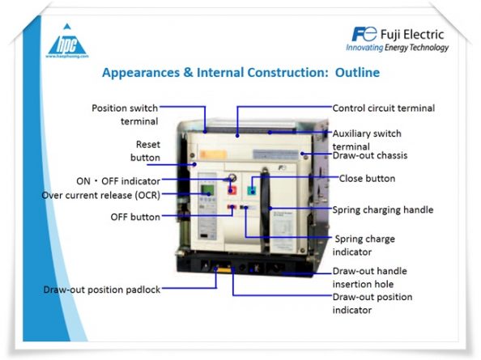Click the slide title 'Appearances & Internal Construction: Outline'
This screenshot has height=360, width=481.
tap(240, 73)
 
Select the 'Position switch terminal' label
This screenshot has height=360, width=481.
tap(125, 114)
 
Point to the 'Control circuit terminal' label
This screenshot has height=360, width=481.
tap(383, 108)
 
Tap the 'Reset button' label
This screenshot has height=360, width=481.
tap(147, 150)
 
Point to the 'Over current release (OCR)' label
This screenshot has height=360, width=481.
tap(100, 195)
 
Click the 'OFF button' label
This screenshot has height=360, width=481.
tap(134, 217)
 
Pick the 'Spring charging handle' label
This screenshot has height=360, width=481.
tap(382, 210)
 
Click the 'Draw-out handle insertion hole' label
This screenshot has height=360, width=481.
tap(371, 277)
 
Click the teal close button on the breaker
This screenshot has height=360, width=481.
tap(252, 189)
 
